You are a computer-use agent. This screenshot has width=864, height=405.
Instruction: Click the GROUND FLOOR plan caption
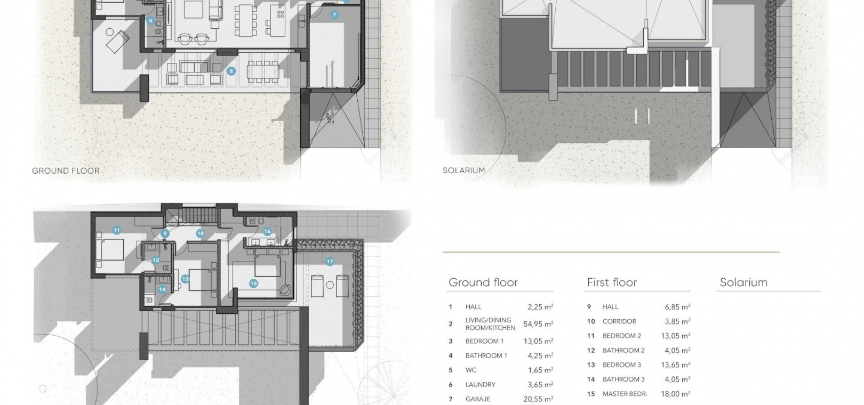pos(66,171)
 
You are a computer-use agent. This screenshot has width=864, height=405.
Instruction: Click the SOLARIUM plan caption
pos(463,171)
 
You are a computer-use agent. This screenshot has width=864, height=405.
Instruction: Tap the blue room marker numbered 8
pos(231,71)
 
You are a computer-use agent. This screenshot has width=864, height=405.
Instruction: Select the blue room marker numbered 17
pos(330,261)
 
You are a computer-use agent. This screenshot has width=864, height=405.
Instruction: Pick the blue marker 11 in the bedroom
pos(116,230)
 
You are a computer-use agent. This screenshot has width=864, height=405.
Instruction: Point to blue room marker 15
pos(253,283)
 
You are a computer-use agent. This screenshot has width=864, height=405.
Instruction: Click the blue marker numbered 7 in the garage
pos(334,15)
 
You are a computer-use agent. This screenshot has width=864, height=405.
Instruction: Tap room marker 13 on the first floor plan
pos(185,279)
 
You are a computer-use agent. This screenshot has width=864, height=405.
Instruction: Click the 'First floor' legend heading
pos(612,282)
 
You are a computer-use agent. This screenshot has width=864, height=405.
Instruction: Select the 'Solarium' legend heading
pos(743,282)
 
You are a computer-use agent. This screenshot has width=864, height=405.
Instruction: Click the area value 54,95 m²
pos(539,324)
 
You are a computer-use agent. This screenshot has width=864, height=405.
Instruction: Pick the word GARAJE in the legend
pos(478,399)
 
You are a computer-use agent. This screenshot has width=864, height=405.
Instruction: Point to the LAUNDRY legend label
pos(480,385)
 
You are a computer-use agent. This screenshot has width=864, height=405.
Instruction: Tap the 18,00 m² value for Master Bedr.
pos(676,394)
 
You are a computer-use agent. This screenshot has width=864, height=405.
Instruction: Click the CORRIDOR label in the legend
pos(619,321)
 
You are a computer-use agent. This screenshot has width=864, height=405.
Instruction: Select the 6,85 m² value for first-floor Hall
pos(678,307)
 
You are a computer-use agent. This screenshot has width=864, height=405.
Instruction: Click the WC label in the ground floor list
pos(471,370)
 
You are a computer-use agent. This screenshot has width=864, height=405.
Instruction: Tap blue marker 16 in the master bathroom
pos(267,232)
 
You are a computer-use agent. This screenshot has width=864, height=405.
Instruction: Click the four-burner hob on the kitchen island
pos(281,14)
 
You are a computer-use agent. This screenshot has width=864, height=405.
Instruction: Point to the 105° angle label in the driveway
pos(330,118)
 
